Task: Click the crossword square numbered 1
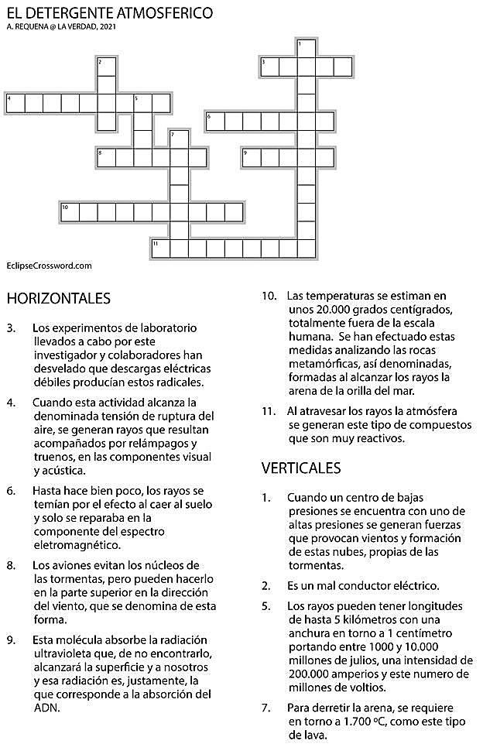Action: coord(307,48)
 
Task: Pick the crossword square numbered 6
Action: coord(214,122)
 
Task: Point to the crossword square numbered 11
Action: coord(160,249)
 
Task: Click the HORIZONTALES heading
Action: coord(58,298)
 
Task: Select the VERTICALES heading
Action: coord(302,468)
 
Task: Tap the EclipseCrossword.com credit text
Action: coord(49,266)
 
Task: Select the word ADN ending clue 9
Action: coord(45,708)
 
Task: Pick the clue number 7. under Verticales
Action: coord(267,708)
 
